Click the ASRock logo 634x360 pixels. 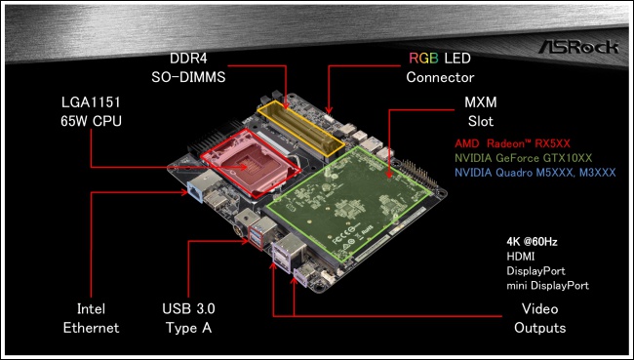click(578, 47)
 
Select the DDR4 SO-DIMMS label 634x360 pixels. click(188, 67)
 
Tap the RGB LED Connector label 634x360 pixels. click(440, 67)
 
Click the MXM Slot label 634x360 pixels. click(480, 111)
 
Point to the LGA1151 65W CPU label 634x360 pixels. click(91, 111)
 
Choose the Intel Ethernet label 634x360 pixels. click(91, 318)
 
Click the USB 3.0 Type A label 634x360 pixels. click(188, 318)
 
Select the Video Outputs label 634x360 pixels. click(539, 318)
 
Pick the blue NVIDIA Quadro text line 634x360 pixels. click(535, 173)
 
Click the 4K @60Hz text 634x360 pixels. click(533, 242)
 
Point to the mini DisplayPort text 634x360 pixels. click(548, 286)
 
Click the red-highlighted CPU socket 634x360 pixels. click(251, 164)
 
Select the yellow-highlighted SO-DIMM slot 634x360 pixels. click(300, 129)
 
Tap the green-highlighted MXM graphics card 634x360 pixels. click(348, 204)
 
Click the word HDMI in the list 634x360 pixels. click(521, 257)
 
